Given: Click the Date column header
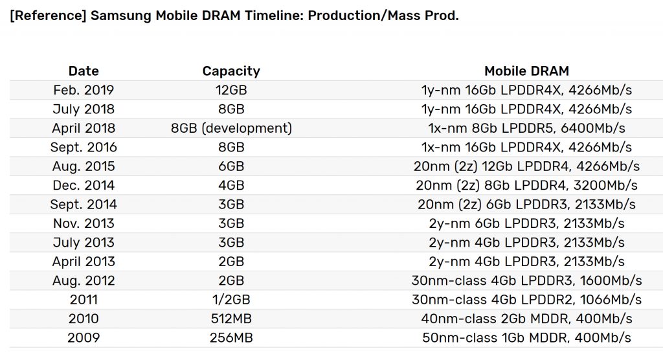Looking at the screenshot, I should click(x=83, y=71).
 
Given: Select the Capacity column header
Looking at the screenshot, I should click(x=231, y=71).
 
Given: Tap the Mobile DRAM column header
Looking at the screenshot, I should click(x=526, y=71).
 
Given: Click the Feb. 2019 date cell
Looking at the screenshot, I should click(x=83, y=90).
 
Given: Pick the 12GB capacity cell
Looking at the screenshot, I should click(x=231, y=90).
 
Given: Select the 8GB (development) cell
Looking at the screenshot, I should click(x=231, y=128).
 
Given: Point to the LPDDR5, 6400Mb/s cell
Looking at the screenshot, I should click(x=526, y=128).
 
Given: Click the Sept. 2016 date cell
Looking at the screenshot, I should click(x=83, y=147).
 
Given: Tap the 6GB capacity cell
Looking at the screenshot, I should click(x=231, y=166).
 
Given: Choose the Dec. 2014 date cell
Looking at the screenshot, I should click(x=83, y=185).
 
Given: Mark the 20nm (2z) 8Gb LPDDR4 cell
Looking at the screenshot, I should click(x=526, y=185).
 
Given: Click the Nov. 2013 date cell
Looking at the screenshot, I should click(x=83, y=223).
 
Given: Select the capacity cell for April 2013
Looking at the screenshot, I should click(x=231, y=262).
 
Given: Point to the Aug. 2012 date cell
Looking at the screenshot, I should click(x=83, y=280).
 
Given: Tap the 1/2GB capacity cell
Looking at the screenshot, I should click(x=231, y=300).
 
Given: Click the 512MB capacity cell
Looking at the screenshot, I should click(x=231, y=319).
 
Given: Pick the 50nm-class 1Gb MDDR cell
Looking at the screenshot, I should click(x=526, y=337).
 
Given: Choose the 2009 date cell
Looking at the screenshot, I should click(x=83, y=337).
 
